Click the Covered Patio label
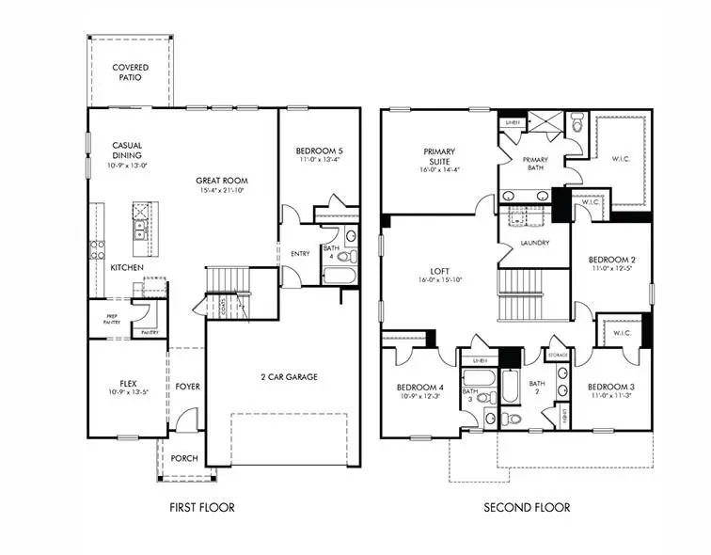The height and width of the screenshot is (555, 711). click(x=130, y=73)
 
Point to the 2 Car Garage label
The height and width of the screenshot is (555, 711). click(x=289, y=377)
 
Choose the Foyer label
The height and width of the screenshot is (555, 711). click(x=187, y=387)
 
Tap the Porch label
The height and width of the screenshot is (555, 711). click(x=185, y=458)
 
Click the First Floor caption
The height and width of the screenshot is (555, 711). click(x=201, y=508)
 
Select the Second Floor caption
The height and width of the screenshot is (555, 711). click(x=527, y=508)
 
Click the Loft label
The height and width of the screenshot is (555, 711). click(x=439, y=274)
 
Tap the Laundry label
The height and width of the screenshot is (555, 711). click(x=535, y=243)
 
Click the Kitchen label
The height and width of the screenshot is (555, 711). click(x=127, y=268)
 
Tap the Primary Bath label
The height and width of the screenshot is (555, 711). click(x=535, y=160)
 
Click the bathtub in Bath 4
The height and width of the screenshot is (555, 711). click(x=339, y=277)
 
